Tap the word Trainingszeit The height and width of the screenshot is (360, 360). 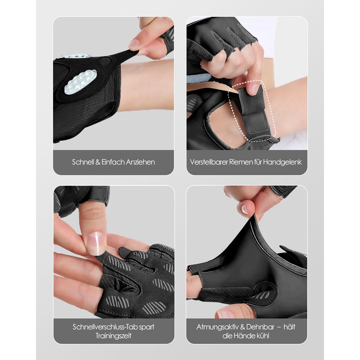pyautogui.click(x=114, y=336)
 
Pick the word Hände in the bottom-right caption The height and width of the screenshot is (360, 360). pyautogui.click(x=245, y=336)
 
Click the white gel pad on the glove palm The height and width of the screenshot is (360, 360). pyautogui.click(x=80, y=82)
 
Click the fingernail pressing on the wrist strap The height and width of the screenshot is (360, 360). pyautogui.click(x=255, y=89)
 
